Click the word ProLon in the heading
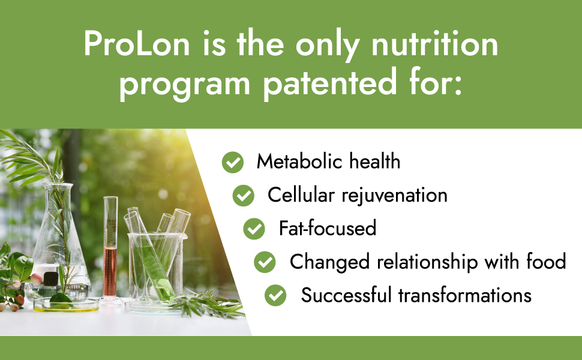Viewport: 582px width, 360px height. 137,44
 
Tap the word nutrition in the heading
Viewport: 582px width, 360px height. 434,44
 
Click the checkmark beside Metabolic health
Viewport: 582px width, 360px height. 233,162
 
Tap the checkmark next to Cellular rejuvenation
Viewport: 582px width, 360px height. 244,196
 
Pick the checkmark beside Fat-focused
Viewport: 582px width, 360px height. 254,229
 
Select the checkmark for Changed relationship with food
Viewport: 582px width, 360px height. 265,262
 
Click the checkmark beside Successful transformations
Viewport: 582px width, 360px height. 275,295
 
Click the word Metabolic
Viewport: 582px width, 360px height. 299,161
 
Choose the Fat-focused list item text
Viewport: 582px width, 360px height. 328,228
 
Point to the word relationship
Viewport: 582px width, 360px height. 427,262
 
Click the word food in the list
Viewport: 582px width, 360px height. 546,261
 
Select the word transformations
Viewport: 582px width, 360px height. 465,295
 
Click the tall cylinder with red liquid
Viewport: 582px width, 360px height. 110,248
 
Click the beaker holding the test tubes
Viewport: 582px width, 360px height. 156,266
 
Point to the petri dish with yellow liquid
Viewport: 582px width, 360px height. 65,304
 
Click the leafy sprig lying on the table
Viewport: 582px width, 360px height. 208,304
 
